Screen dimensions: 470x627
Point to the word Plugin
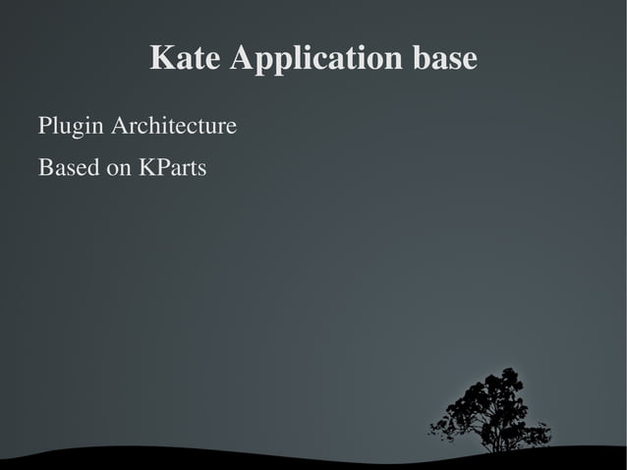pyautogui.click(x=70, y=129)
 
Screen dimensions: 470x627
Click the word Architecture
pyautogui.click(x=173, y=128)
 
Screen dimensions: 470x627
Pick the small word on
pyautogui.click(x=120, y=170)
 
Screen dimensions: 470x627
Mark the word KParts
pyautogui.click(x=173, y=169)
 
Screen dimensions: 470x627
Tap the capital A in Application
pyautogui.click(x=240, y=59)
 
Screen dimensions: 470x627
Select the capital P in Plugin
pyautogui.click(x=43, y=128)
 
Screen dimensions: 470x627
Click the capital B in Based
pyautogui.click(x=44, y=169)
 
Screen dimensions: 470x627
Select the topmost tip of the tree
pyautogui.click(x=508, y=370)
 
